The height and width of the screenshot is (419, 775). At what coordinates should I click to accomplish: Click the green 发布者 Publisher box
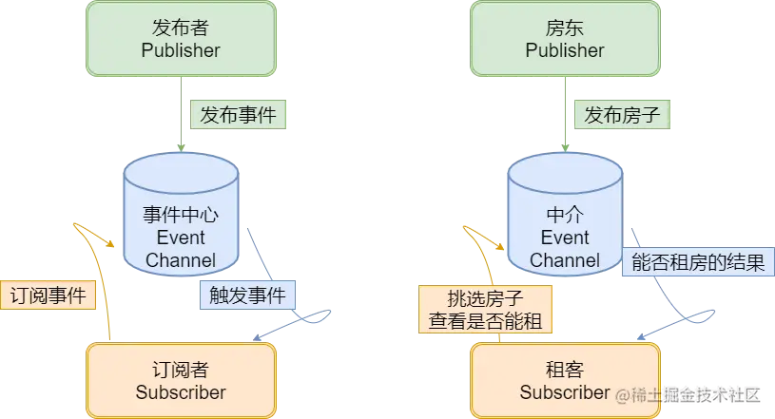[x=181, y=38]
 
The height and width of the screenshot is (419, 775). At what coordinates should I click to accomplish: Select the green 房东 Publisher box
[x=565, y=38]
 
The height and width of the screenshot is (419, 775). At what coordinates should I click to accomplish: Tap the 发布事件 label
[x=239, y=115]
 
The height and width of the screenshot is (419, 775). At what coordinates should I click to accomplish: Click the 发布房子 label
[x=623, y=115]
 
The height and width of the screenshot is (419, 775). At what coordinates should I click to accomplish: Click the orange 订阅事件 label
[x=48, y=295]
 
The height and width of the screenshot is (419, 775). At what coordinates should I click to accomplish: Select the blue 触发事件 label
[x=247, y=295]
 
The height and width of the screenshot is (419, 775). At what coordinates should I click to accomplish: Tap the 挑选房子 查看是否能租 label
[x=485, y=309]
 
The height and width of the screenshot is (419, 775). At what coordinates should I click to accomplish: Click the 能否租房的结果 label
[x=698, y=263]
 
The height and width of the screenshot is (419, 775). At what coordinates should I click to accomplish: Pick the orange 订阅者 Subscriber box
[x=181, y=379]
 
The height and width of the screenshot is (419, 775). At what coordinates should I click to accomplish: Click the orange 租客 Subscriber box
[x=565, y=379]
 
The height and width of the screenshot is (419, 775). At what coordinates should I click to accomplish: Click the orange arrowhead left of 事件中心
[x=80, y=230]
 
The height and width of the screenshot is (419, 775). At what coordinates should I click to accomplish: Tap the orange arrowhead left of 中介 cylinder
[x=466, y=230]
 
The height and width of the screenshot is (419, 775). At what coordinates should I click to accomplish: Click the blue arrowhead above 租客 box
[x=707, y=312]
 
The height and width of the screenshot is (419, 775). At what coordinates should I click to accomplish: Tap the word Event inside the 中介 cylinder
[x=565, y=238]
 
